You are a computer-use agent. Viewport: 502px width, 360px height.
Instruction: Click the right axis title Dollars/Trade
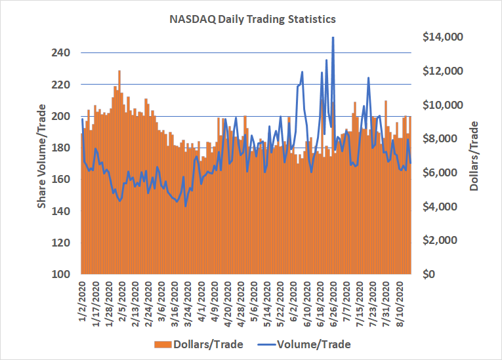[x=474, y=155]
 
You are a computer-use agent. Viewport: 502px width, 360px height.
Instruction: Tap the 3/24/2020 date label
[x=189, y=304]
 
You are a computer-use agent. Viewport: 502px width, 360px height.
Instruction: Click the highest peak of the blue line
[x=333, y=38]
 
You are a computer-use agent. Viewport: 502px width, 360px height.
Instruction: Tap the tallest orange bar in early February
[x=119, y=71]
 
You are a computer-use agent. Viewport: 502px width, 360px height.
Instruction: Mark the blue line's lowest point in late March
[x=186, y=206]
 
